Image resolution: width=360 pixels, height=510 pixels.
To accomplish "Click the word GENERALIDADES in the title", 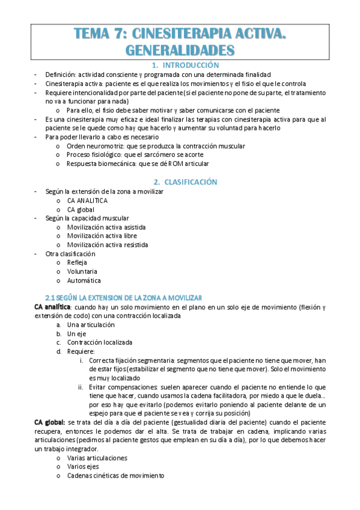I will click(180, 49).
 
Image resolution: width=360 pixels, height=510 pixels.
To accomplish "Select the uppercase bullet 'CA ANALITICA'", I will click(88, 200).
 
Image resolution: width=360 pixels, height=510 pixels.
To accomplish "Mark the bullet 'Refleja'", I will click(78, 263).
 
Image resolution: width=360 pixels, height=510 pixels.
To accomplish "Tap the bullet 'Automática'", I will click(84, 280).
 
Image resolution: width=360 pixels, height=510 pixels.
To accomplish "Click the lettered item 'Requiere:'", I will click(81, 351).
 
